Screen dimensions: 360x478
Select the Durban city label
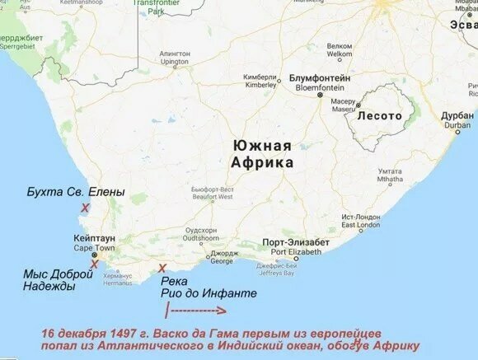click(457, 120)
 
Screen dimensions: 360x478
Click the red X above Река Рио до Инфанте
click(162, 268)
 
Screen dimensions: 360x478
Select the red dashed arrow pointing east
click(198, 311)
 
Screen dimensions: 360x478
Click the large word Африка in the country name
click(262, 163)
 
